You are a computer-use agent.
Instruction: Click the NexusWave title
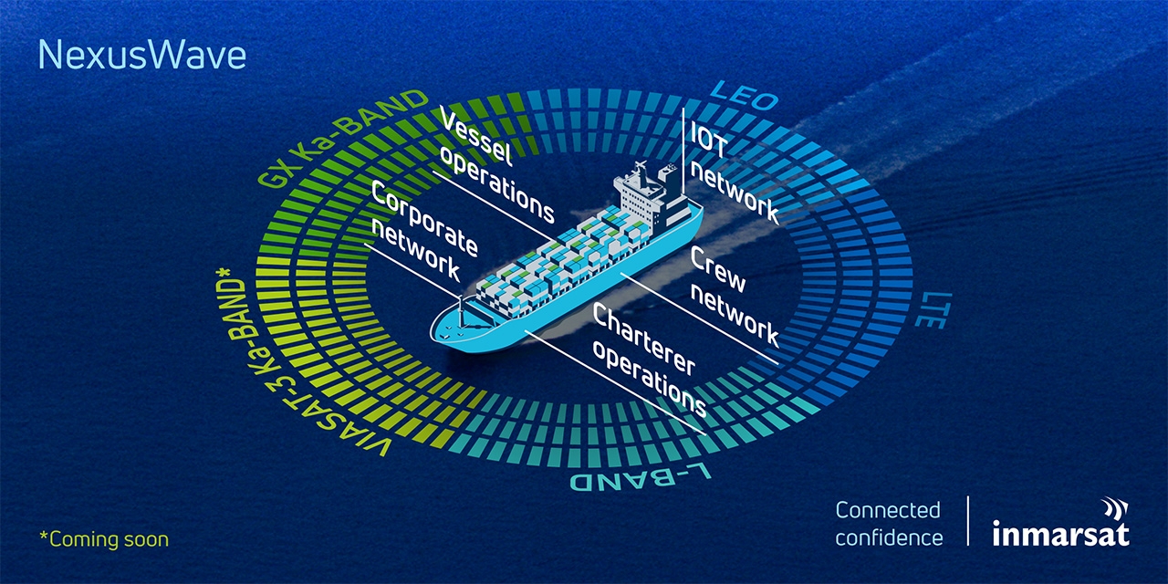pos(141,56)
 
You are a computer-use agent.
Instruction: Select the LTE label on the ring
pos(933,309)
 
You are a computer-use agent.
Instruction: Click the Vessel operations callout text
pos(496,164)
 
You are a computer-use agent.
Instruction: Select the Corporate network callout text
pos(423,232)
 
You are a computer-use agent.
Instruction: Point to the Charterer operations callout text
pos(649,360)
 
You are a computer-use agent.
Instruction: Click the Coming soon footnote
pos(104,539)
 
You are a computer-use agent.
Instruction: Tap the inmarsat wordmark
pos(1060,534)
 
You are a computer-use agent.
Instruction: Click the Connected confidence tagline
pos(889,524)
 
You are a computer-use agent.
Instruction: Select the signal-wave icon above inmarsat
pos(1115,509)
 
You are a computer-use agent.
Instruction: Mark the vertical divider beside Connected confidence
pos(968,520)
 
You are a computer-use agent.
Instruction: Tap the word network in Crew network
pos(735,318)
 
